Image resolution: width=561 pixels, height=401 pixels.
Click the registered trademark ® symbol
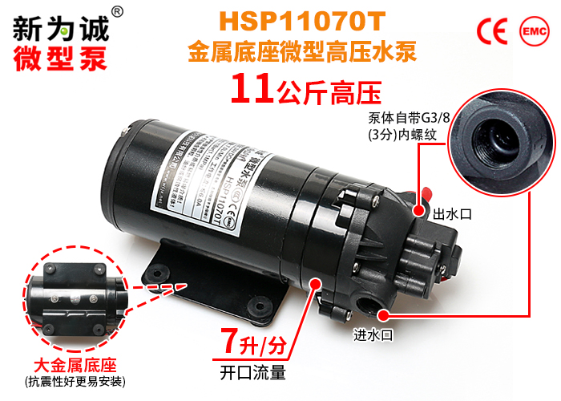[x=117, y=11]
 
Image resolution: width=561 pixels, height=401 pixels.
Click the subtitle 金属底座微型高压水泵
[x=304, y=53]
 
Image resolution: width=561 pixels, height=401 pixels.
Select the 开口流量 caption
[x=252, y=372]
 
